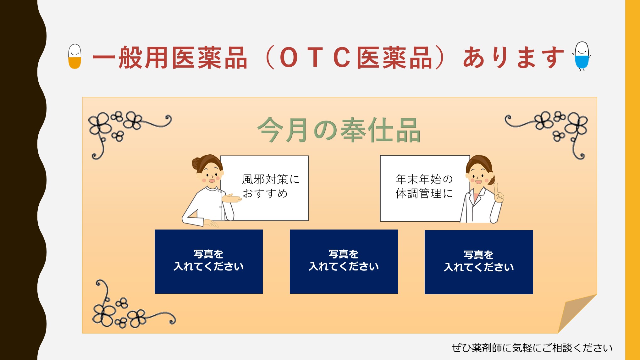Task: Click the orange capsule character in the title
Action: [x=75, y=56]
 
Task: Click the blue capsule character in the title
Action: [x=582, y=56]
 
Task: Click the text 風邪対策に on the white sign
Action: [x=271, y=179]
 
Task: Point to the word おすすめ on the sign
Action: [x=265, y=193]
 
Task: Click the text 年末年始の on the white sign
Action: [x=424, y=179]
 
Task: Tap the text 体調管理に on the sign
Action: [x=424, y=193]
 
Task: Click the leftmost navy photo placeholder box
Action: [x=209, y=262]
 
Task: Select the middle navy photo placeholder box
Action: [x=344, y=262]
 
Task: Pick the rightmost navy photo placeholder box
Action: [x=479, y=262]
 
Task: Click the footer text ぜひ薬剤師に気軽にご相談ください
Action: [x=532, y=348]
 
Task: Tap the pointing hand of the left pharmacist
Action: [x=231, y=198]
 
